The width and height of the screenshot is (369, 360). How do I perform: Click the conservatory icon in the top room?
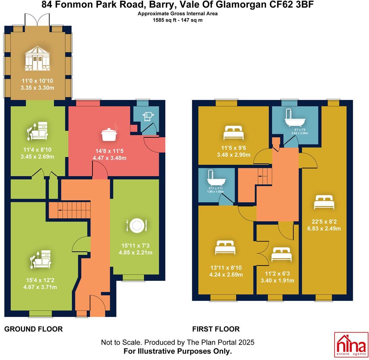tap(38, 59)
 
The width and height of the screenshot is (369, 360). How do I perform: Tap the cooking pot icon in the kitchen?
tap(109, 134)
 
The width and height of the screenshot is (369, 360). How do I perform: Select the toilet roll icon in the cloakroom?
tap(148, 116)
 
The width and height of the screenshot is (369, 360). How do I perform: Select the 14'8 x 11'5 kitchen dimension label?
tap(109, 154)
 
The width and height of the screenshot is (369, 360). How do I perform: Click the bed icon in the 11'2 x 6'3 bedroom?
tap(282, 254)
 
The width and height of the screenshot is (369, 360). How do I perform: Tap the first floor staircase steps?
tap(265, 176)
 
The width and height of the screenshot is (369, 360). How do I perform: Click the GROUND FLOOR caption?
tap(33, 329)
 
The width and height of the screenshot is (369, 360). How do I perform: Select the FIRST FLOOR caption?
tap(216, 329)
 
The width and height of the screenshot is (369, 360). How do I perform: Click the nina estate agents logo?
tap(351, 344)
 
